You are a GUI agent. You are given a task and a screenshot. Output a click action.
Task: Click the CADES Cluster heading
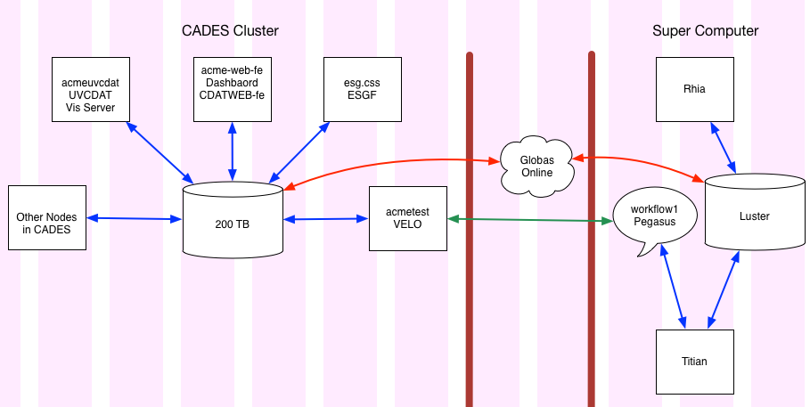[230, 30]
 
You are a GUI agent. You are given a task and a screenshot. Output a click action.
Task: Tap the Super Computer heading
[705, 30]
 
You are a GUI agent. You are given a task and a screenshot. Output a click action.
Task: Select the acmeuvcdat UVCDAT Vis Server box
[91, 89]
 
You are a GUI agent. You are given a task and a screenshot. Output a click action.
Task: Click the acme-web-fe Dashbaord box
[233, 89]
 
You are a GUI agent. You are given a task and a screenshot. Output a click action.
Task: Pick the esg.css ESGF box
[363, 89]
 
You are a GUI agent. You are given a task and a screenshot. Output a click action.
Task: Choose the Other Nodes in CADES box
[47, 218]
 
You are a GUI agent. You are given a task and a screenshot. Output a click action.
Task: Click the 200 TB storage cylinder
[233, 219]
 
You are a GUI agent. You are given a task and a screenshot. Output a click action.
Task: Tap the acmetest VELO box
[408, 218]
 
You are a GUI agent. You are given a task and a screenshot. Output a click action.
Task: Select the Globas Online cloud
[537, 167]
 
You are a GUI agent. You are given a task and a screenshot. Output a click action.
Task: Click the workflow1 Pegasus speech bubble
[655, 216]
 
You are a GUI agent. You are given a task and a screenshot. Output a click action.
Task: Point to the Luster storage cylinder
[755, 212]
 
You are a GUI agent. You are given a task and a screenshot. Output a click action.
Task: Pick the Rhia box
[695, 89]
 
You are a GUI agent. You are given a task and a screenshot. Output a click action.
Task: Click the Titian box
[695, 362]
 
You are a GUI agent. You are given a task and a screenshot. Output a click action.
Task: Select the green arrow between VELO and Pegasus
[530, 220]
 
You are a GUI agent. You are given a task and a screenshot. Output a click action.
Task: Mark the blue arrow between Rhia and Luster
[724, 147]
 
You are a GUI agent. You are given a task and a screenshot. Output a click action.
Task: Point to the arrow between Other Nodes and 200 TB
[135, 218]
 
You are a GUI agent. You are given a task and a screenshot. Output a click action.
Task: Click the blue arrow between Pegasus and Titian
[673, 286]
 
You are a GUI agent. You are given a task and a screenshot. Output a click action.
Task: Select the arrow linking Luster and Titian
[724, 289]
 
